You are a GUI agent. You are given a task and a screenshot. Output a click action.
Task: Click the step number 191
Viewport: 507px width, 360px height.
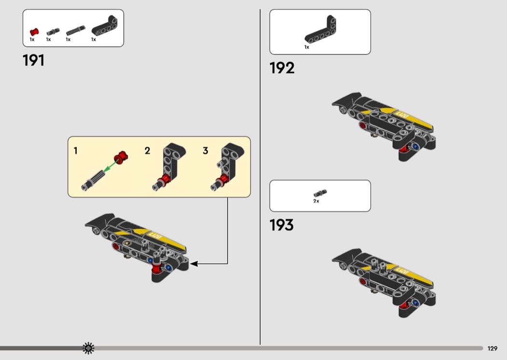(x=33, y=60)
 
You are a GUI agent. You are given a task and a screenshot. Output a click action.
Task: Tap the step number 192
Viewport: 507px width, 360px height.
(x=282, y=68)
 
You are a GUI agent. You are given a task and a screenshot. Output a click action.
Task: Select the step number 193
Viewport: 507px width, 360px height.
(x=282, y=225)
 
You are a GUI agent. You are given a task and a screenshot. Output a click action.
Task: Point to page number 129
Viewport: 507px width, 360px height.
(x=493, y=348)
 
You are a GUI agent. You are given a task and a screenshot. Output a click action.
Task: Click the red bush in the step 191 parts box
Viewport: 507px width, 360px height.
(x=33, y=32)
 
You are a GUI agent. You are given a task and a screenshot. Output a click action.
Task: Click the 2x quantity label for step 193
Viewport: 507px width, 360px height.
(x=316, y=201)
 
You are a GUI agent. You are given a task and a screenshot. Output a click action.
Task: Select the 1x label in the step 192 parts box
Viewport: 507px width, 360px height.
(x=307, y=47)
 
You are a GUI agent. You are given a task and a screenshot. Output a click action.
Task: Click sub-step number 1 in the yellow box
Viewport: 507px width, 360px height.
(x=75, y=151)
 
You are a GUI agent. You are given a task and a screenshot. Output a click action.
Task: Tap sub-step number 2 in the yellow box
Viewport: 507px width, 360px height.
(x=147, y=151)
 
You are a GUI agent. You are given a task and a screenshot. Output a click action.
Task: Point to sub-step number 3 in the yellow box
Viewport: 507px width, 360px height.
(x=205, y=151)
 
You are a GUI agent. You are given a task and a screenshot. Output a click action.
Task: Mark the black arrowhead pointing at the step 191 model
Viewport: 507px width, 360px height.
(x=194, y=264)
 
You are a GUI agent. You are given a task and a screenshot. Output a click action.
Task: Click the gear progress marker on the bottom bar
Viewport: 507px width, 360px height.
(x=88, y=347)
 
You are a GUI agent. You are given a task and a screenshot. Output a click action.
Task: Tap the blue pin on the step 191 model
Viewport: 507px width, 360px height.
(x=169, y=267)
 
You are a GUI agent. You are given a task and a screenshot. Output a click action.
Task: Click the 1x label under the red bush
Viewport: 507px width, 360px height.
(x=32, y=40)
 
